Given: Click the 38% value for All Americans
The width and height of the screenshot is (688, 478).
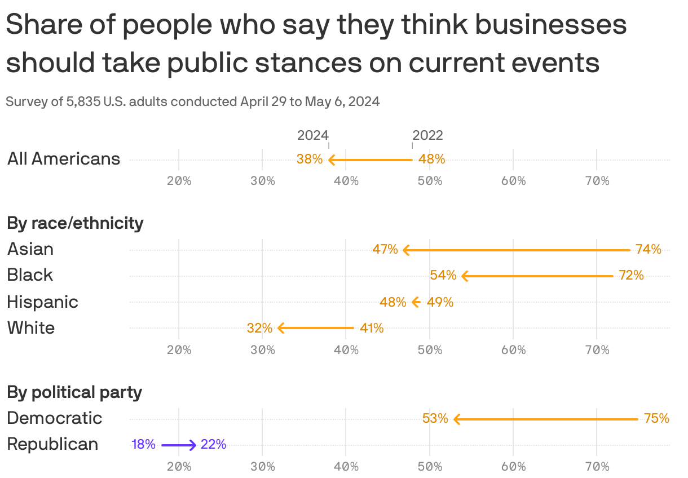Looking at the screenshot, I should (309, 160).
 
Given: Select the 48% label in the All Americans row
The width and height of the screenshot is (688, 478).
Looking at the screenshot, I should (431, 160).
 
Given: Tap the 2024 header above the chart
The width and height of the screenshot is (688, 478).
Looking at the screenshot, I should (313, 135).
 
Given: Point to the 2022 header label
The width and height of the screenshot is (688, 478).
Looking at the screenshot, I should (427, 135).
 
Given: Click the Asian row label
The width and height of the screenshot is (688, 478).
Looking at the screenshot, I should (30, 249).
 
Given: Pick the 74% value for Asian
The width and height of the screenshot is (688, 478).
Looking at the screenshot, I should (648, 249).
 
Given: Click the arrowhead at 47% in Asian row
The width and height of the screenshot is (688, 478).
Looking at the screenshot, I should (405, 250).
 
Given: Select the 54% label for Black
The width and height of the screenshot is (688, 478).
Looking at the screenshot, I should (443, 276).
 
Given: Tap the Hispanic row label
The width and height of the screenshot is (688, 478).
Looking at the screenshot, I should (42, 302).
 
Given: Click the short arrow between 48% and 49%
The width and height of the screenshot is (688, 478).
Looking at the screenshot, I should (416, 302).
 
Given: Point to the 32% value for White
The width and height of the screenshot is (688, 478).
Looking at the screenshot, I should (259, 328).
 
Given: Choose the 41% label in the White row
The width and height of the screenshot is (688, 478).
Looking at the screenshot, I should (372, 328).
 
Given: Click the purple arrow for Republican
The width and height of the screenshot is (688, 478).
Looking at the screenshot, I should (179, 445).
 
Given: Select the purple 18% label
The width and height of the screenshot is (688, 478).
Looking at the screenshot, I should (143, 445).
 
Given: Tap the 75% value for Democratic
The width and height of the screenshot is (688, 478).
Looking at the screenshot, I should (656, 418).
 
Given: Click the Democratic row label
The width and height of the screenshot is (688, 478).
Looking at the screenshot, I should (54, 418).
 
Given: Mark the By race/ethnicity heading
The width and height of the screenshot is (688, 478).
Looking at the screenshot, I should (75, 223).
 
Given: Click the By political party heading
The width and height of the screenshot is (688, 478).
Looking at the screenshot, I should (74, 392).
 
